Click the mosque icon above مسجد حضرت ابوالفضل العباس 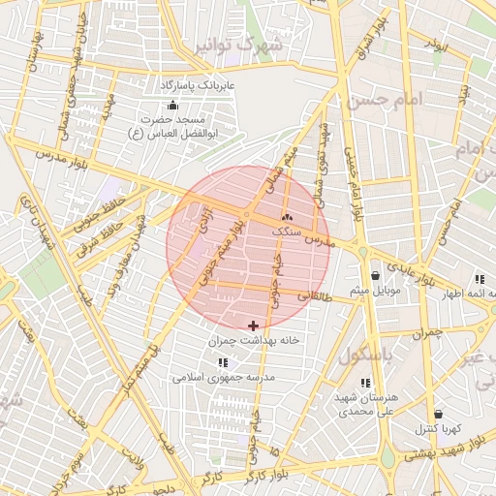pyautogui.click(x=173, y=105)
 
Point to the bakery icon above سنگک pyautogui.click(x=286, y=217)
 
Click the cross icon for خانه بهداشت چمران pyautogui.click(x=254, y=325)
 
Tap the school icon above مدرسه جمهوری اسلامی pyautogui.click(x=224, y=361)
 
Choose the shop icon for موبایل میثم pyautogui.click(x=375, y=275)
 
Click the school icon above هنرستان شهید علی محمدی pyautogui.click(x=365, y=384)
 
